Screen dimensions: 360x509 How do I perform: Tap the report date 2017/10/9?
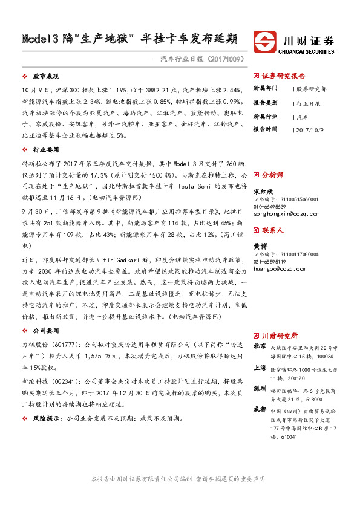(311, 129)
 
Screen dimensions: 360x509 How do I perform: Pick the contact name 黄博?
(259, 247)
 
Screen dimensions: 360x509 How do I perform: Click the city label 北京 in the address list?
(259, 346)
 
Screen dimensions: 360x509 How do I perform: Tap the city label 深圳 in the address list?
(259, 387)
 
